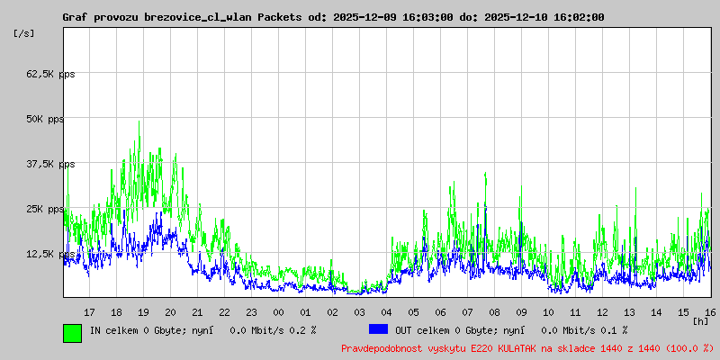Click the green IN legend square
click(x=72, y=332)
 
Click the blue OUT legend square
click(x=378, y=330)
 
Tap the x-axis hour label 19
click(x=143, y=311)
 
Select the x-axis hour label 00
click(x=278, y=311)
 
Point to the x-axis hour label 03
click(x=359, y=311)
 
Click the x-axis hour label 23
click(x=251, y=311)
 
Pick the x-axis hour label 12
click(x=602, y=311)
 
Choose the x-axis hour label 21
click(x=197, y=311)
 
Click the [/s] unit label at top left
click(x=24, y=33)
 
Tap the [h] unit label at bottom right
click(x=701, y=321)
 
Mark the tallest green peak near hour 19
click(x=139, y=121)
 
